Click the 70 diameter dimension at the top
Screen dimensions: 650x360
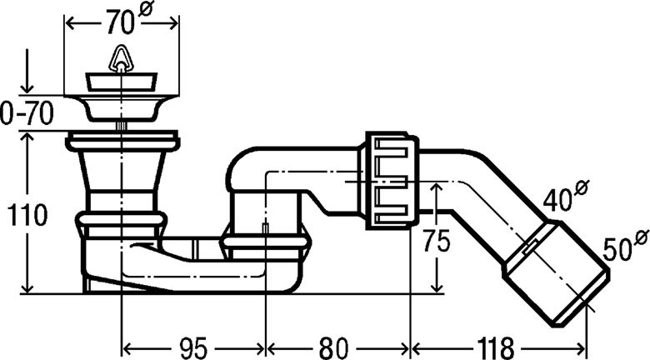(121, 22)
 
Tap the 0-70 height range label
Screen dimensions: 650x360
(27, 113)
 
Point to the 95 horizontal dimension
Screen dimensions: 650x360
(193, 347)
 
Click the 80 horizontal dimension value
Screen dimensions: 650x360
(333, 347)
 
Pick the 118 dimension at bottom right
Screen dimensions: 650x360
(495, 347)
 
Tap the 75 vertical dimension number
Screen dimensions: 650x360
(436, 242)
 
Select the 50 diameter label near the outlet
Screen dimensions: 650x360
(617, 249)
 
